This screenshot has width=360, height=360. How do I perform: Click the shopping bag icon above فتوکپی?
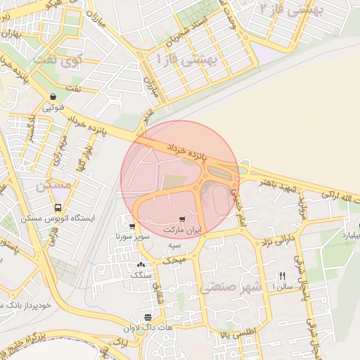tap(53, 96)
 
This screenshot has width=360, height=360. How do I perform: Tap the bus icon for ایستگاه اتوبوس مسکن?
tap(58, 207)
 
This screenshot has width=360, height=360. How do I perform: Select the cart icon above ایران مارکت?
tap(184, 219)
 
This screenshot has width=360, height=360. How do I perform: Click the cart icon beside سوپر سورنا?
tap(132, 226)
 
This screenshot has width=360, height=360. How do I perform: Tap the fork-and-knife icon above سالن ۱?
tap(282, 276)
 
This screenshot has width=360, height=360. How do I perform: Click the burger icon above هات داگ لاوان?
tap(147, 317)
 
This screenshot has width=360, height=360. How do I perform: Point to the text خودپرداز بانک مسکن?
tap(27, 306)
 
